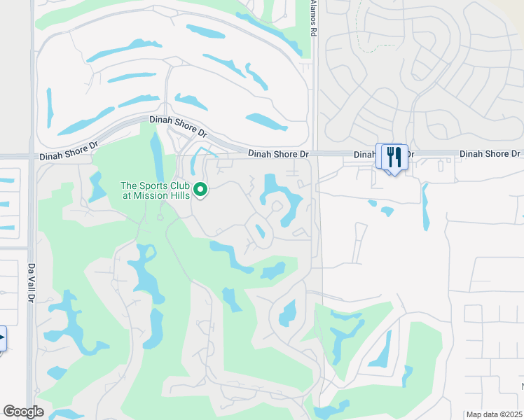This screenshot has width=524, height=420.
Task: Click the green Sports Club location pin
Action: (x=200, y=189)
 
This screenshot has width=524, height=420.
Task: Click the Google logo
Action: (x=24, y=412)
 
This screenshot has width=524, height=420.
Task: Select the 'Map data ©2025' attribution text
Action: (x=493, y=414)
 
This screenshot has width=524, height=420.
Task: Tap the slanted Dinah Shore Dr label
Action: (x=179, y=126)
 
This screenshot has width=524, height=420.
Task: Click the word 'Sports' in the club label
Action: (x=154, y=185)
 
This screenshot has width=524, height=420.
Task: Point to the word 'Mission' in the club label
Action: (x=155, y=195)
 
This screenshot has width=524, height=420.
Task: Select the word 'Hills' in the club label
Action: (x=180, y=195)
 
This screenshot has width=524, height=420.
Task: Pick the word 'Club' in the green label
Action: (x=179, y=185)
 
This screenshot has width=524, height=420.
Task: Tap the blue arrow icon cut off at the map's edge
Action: (x=2, y=338)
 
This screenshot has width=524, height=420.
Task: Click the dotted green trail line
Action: (x=358, y=28)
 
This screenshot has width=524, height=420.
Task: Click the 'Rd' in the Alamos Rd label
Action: (x=313, y=31)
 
